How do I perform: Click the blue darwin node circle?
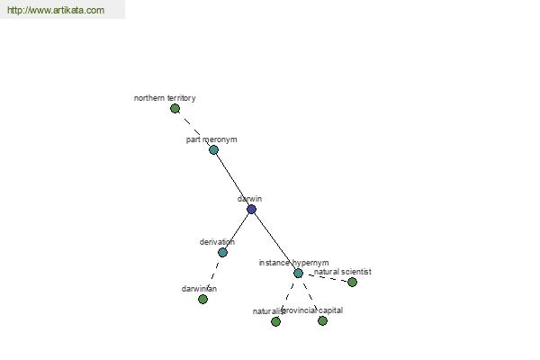(251, 209)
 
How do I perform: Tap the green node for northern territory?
(175, 109)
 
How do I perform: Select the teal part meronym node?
(213, 149)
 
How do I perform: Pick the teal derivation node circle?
(222, 253)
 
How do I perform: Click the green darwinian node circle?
(202, 299)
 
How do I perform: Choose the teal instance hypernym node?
(298, 273)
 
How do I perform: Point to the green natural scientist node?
(352, 282)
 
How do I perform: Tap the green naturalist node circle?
(275, 321)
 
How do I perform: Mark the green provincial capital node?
(322, 320)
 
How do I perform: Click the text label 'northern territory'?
(165, 98)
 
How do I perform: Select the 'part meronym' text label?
(211, 139)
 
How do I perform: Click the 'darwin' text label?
(249, 199)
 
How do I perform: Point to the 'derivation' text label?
(217, 242)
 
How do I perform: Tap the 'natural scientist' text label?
(343, 272)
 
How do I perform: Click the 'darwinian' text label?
(199, 289)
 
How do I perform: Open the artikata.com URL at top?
(55, 11)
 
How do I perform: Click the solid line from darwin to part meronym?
(232, 179)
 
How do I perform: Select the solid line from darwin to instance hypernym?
(274, 240)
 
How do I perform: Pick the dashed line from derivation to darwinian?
(213, 274)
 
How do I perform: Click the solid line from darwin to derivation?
(238, 229)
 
